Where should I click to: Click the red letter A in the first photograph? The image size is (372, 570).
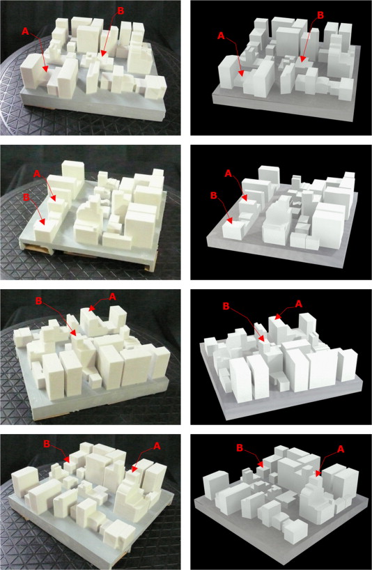point(25,31)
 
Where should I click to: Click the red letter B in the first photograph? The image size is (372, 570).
point(121,11)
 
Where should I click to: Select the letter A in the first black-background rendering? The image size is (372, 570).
point(222,36)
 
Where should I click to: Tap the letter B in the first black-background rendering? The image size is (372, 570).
point(320,15)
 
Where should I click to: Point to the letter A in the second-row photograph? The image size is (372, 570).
point(37,174)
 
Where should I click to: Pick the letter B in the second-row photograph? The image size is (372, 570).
point(26,197)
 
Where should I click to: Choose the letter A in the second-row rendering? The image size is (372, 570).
point(228,174)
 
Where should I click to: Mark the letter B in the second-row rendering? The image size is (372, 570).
point(213,196)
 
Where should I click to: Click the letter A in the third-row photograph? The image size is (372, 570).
point(112,297)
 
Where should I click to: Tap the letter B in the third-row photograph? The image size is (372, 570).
point(39,301)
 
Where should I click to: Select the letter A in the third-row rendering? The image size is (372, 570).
point(299,304)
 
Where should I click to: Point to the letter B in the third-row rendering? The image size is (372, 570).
point(226,307)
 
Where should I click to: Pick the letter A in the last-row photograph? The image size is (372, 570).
point(157,446)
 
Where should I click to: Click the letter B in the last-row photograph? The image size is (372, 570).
point(47,444)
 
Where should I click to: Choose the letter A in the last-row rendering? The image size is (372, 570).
point(341,449)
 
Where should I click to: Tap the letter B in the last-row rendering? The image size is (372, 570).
point(240,448)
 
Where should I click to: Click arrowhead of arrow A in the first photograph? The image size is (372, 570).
point(45,69)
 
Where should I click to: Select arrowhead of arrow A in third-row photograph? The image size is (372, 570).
point(91,309)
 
